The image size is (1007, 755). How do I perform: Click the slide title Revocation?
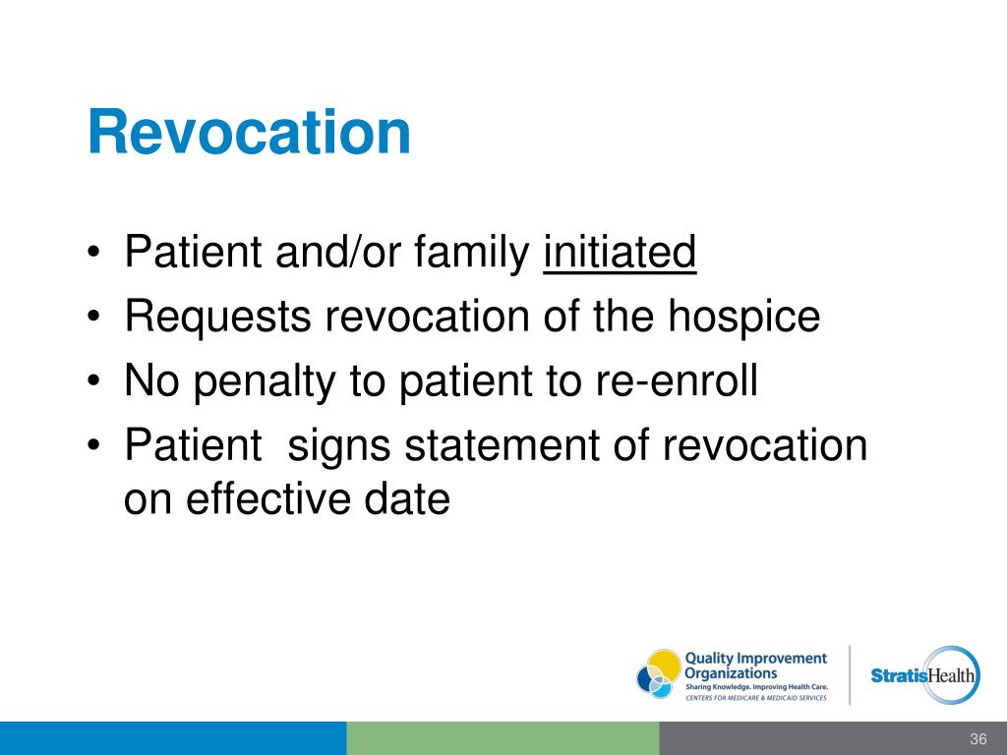[x=249, y=133]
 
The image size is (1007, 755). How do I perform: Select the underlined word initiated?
[x=619, y=254]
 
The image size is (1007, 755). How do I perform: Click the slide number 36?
[x=977, y=739]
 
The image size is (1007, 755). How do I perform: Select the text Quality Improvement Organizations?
[x=754, y=665]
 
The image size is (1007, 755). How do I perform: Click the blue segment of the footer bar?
[x=173, y=738]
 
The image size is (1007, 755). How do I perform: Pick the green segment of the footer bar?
[x=503, y=738]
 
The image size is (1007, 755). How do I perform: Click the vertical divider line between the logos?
[x=850, y=674]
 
